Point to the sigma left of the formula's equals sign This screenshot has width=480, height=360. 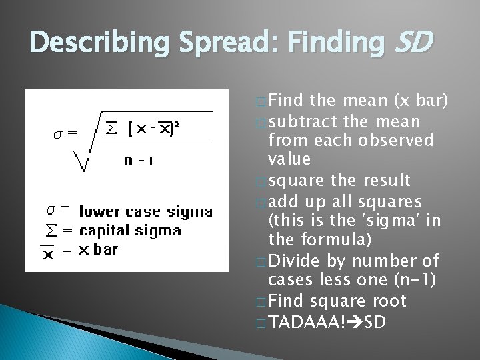pyautogui.click(x=59, y=131)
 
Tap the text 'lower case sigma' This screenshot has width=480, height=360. pyautogui.click(x=146, y=212)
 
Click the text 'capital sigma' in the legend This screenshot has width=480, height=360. pyautogui.click(x=129, y=231)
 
